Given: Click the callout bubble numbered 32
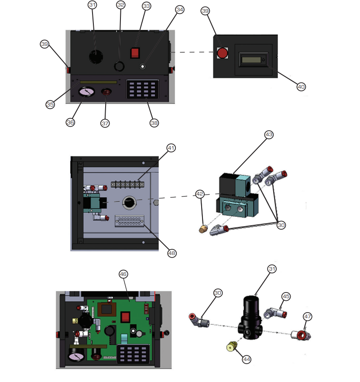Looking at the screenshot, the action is [120, 5].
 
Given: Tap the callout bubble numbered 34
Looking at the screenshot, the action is [180, 10].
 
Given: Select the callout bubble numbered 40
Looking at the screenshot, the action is [301, 87].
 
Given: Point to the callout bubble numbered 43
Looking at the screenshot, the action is [269, 134].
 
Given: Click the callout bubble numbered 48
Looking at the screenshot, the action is [172, 253].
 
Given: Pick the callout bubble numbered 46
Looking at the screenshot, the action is [123, 274].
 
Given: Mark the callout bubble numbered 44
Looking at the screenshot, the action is [247, 359].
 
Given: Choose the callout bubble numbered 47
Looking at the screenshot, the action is [307, 317].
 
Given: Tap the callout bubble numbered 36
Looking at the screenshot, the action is [70, 122].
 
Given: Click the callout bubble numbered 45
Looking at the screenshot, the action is [286, 296].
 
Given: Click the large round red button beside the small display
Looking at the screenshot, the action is [222, 53].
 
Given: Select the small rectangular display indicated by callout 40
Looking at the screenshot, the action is [251, 60].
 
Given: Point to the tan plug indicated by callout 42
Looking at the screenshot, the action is [203, 229].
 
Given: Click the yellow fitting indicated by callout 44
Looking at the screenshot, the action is [231, 346].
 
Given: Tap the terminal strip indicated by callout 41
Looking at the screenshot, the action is [127, 184].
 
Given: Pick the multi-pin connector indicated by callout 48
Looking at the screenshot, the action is [130, 221].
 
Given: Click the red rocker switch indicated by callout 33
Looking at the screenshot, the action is [135, 53].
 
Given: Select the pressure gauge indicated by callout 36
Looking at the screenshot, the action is [86, 92].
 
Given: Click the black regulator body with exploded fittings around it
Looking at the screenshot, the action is [250, 318].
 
